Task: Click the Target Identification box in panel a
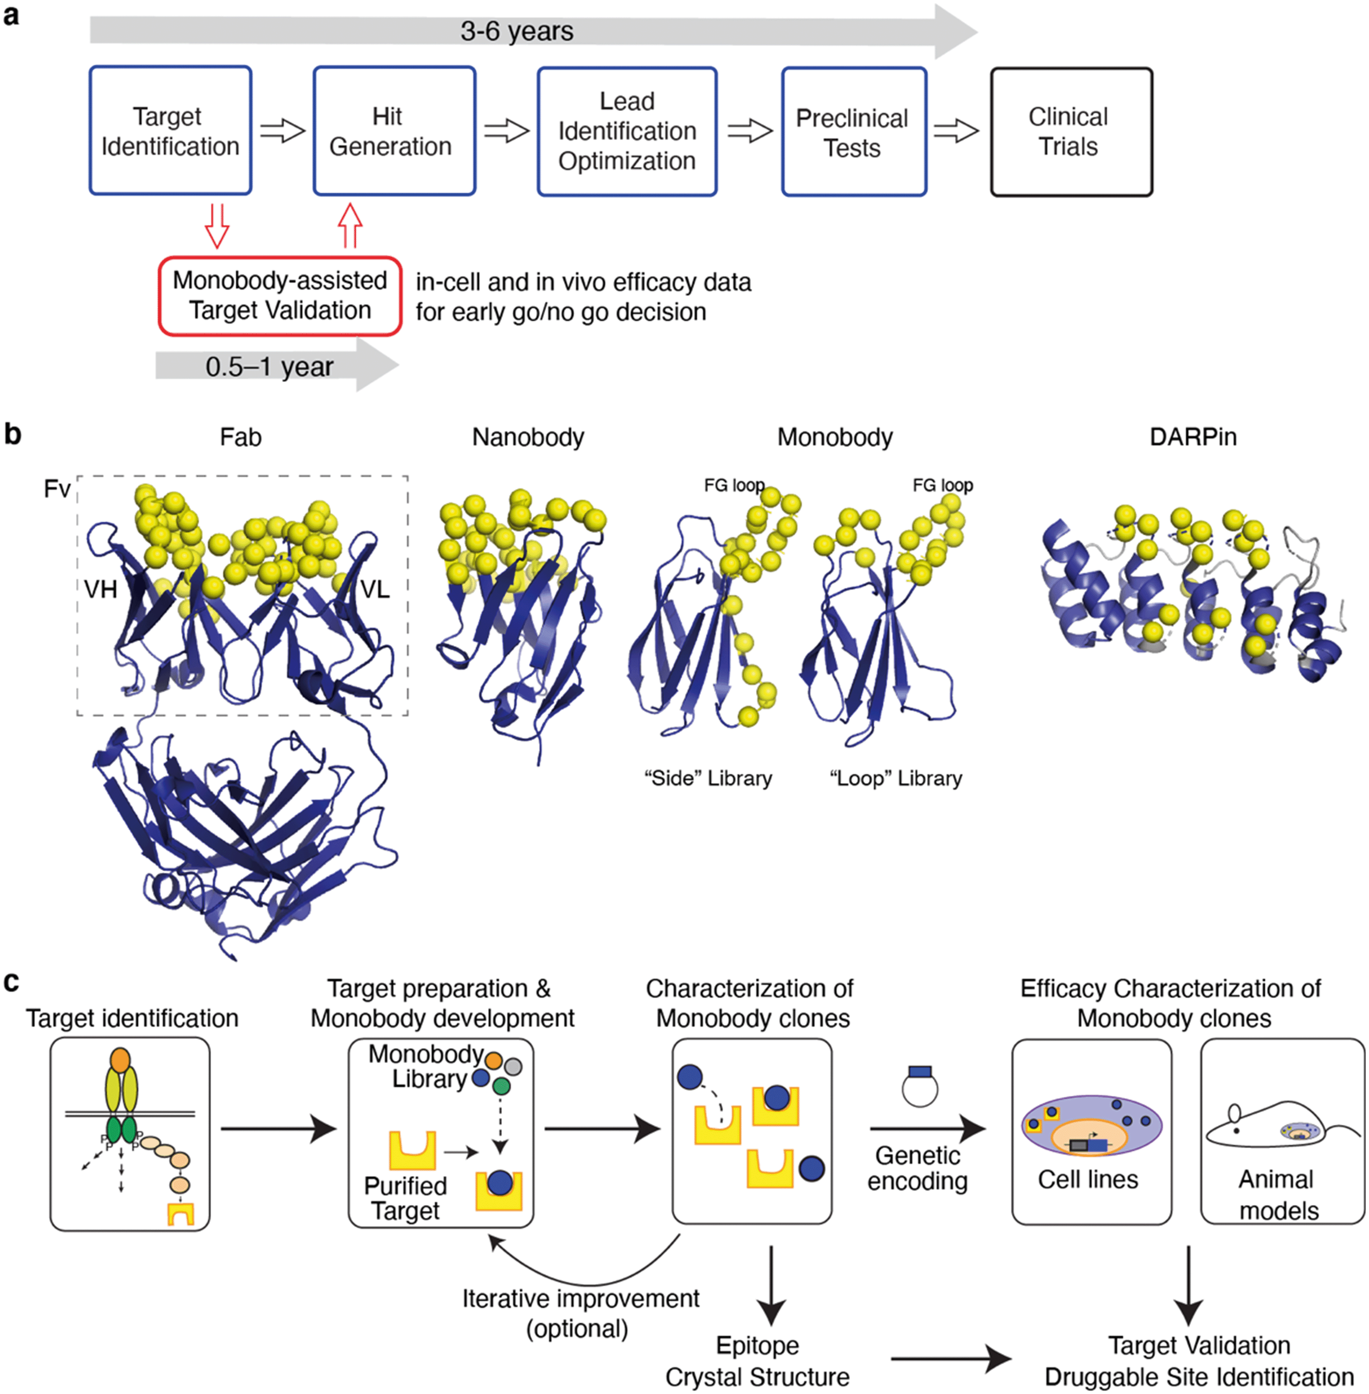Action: click(170, 131)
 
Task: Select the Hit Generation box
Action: click(394, 131)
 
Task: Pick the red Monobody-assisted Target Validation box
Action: click(280, 296)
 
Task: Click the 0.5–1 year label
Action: click(270, 367)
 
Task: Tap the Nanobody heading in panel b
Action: click(528, 437)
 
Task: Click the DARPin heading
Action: click(1193, 437)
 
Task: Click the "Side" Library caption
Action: click(708, 778)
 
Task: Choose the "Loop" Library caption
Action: click(896, 778)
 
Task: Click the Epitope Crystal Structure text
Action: click(757, 1361)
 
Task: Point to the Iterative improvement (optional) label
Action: click(580, 1313)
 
